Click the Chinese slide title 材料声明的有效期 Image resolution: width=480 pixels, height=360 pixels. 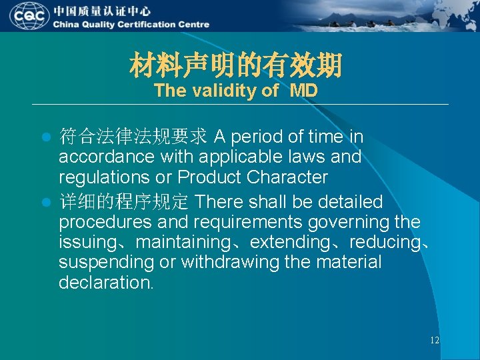(x=235, y=65)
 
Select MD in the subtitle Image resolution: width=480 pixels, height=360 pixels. (x=303, y=91)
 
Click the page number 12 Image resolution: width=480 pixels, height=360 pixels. (x=434, y=341)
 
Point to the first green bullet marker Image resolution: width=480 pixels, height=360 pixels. (x=46, y=138)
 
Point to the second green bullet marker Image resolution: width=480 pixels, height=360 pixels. (x=46, y=202)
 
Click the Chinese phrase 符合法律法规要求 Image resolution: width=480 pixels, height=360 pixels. (x=133, y=137)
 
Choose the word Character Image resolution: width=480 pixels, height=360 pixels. (x=291, y=177)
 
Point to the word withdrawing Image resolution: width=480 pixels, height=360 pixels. (x=232, y=262)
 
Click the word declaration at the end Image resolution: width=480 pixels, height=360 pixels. (x=105, y=282)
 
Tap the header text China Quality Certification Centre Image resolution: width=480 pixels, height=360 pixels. (x=131, y=25)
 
